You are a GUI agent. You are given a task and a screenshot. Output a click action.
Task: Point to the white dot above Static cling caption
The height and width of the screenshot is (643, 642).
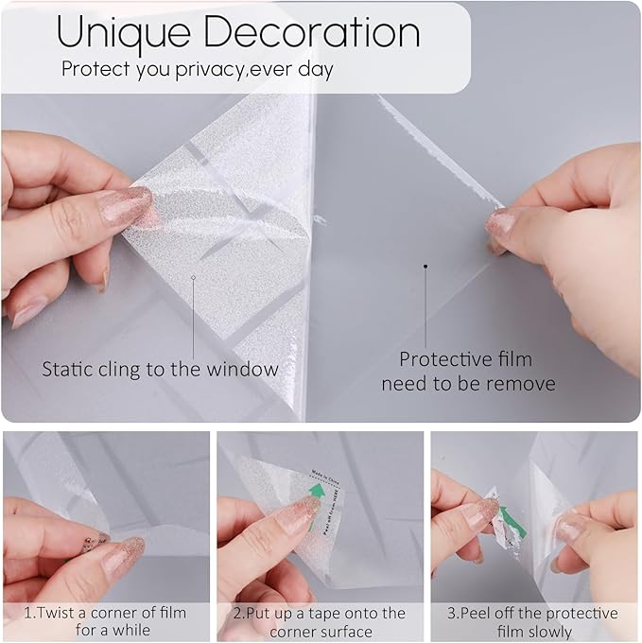pyautogui.click(x=193, y=278)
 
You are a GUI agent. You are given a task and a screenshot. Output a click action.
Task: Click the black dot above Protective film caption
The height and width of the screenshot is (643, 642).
pyautogui.click(x=425, y=268)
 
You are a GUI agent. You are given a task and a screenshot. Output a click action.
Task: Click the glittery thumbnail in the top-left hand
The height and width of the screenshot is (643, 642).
pyautogui.click(x=127, y=205)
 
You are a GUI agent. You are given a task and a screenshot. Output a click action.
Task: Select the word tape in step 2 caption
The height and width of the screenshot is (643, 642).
pyautogui.click(x=332, y=613)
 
